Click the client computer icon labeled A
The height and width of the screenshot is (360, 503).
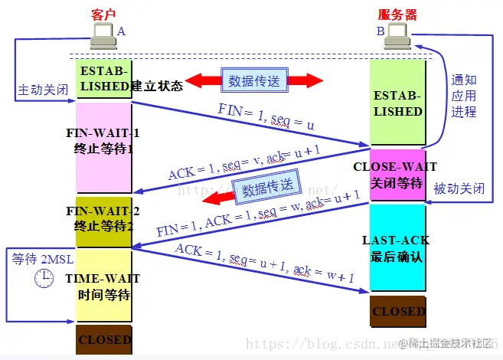[x=102, y=34]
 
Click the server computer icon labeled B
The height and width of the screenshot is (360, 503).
[x=397, y=34]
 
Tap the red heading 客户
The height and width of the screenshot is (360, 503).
[x=104, y=13]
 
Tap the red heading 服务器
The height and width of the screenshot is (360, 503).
[x=397, y=13]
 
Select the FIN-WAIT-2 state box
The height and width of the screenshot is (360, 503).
[x=103, y=221]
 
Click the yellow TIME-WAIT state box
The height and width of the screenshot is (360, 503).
[x=103, y=285]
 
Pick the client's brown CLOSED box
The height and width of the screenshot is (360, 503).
[x=104, y=339]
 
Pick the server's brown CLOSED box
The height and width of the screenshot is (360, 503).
[x=398, y=312]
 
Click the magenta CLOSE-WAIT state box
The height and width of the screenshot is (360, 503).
[x=395, y=174]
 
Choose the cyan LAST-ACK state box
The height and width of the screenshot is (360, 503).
[x=397, y=247]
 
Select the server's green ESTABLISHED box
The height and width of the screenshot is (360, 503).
[x=397, y=103]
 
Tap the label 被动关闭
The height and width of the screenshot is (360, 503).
[x=458, y=188]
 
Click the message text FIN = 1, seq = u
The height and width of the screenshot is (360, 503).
[x=255, y=116]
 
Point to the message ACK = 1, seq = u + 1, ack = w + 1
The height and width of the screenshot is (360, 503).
[x=264, y=264]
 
